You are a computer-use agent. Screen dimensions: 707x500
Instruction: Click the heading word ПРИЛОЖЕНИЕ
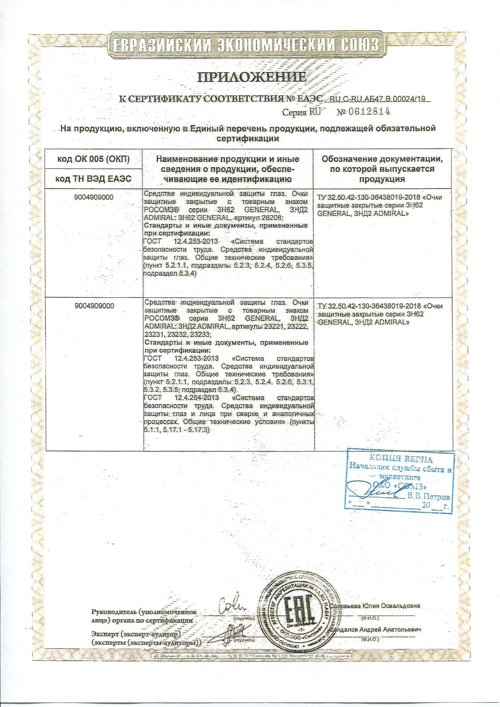tap(252, 77)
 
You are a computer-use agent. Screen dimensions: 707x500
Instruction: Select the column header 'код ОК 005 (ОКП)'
tap(94, 159)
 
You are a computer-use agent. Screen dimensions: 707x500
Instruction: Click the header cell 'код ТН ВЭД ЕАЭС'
tap(94, 179)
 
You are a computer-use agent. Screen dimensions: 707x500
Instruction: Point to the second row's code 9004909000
tap(94, 306)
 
